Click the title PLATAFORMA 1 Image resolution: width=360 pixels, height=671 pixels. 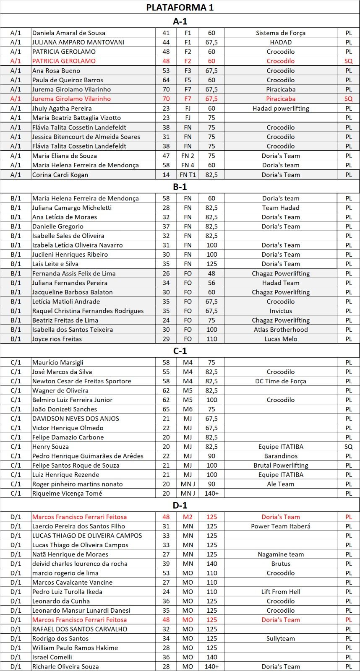(x=180, y=8)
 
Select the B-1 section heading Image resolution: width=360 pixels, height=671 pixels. (x=180, y=187)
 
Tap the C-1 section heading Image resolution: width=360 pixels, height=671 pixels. (x=180, y=351)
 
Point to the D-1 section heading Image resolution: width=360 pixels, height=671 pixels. (x=180, y=505)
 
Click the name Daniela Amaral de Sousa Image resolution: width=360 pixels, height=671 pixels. (x=69, y=33)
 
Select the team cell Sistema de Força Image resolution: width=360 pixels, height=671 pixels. (x=280, y=33)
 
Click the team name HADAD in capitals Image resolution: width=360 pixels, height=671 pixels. (x=280, y=42)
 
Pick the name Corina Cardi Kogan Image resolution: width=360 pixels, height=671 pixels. (x=60, y=174)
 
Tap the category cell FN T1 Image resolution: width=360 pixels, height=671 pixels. (x=188, y=174)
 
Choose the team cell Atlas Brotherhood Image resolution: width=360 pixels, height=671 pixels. (x=280, y=330)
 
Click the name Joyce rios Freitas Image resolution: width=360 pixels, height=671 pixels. (x=57, y=339)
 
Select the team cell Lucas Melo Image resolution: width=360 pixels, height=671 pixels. (x=280, y=339)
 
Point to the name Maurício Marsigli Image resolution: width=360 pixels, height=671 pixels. (x=58, y=362)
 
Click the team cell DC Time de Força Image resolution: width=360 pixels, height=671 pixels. (x=280, y=381)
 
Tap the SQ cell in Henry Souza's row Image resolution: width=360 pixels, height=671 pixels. (x=348, y=447)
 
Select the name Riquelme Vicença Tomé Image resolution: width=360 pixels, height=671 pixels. (x=67, y=493)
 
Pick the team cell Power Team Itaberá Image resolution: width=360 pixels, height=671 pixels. (x=280, y=526)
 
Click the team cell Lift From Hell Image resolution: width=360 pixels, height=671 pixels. (x=280, y=592)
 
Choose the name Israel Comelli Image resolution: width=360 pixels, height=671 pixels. (x=52, y=657)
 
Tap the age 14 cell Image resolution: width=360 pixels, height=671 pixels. (x=166, y=174)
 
